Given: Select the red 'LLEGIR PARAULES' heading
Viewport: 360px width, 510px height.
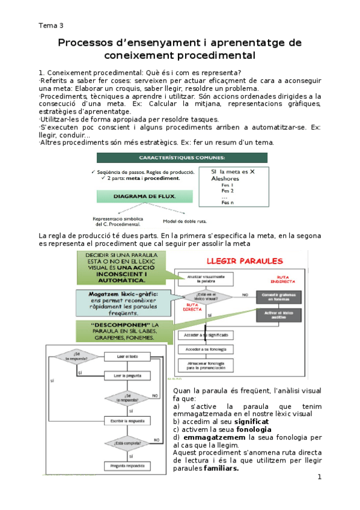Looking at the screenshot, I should click(x=245, y=262).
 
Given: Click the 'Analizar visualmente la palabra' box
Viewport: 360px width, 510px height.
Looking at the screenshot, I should click(x=206, y=278).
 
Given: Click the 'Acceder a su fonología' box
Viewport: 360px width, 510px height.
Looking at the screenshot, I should click(x=206, y=349).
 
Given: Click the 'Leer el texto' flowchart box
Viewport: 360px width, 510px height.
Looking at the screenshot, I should click(x=129, y=357).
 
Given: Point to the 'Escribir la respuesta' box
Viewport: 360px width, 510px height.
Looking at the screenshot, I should click(x=129, y=420).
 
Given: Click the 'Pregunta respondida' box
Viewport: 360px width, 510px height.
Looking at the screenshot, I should click(x=129, y=465).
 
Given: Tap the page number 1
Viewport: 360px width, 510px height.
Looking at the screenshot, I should click(x=320, y=477).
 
